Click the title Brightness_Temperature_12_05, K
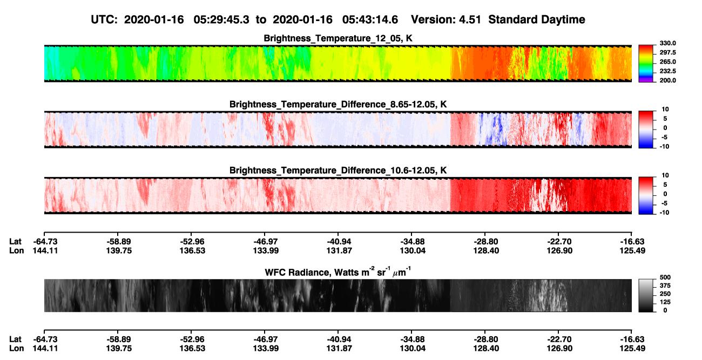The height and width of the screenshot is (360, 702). click(x=338, y=38)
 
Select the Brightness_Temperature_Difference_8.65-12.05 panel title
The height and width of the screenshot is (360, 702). click(x=338, y=104)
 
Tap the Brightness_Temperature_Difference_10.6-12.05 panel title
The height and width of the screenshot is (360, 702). click(x=338, y=171)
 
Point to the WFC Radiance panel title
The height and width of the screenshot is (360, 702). click(x=338, y=271)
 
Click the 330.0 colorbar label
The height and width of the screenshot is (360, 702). click(x=667, y=43)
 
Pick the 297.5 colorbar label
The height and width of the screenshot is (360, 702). click(x=667, y=52)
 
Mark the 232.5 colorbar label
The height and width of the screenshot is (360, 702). click(x=667, y=71)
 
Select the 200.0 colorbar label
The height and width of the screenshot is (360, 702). click(x=667, y=80)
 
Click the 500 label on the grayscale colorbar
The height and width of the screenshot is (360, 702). click(x=665, y=277)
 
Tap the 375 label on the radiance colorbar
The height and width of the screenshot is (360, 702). click(x=665, y=286)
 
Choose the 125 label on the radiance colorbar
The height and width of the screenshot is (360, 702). click(x=665, y=302)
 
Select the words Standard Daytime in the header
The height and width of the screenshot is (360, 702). click(x=537, y=19)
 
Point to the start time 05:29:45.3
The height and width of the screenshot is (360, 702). click(x=221, y=19)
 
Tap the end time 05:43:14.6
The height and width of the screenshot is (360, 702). click(x=370, y=19)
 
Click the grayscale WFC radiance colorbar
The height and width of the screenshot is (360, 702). click(x=646, y=295)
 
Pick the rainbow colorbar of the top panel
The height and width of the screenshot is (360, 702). click(x=646, y=64)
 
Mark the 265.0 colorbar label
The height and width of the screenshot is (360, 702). click(x=667, y=62)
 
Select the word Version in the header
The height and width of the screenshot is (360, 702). click(x=433, y=19)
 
